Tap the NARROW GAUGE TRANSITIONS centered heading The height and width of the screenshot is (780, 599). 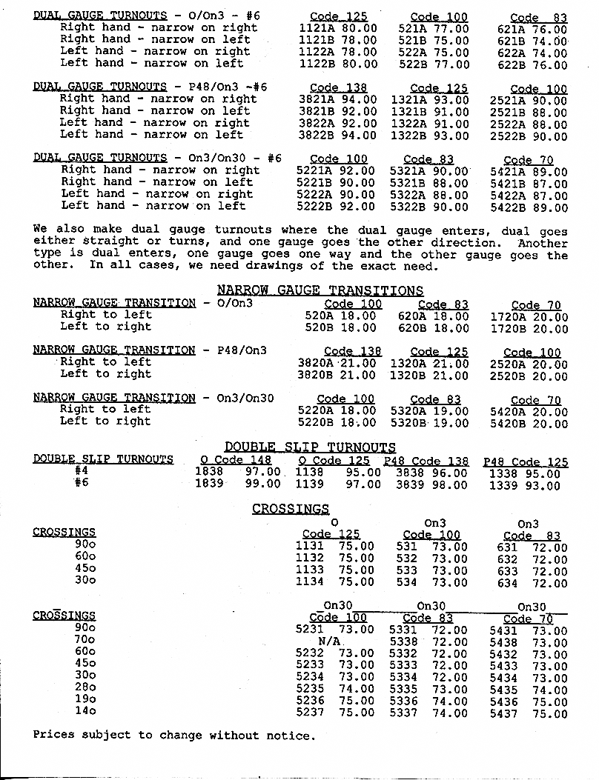320,290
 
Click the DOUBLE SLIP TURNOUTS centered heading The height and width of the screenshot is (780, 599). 310,447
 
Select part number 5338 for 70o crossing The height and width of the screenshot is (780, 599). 403,641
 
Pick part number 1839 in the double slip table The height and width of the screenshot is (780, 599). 208,484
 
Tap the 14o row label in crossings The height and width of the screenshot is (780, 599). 85,712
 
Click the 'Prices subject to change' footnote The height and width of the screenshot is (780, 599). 174,736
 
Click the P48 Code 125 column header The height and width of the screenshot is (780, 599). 526,461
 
